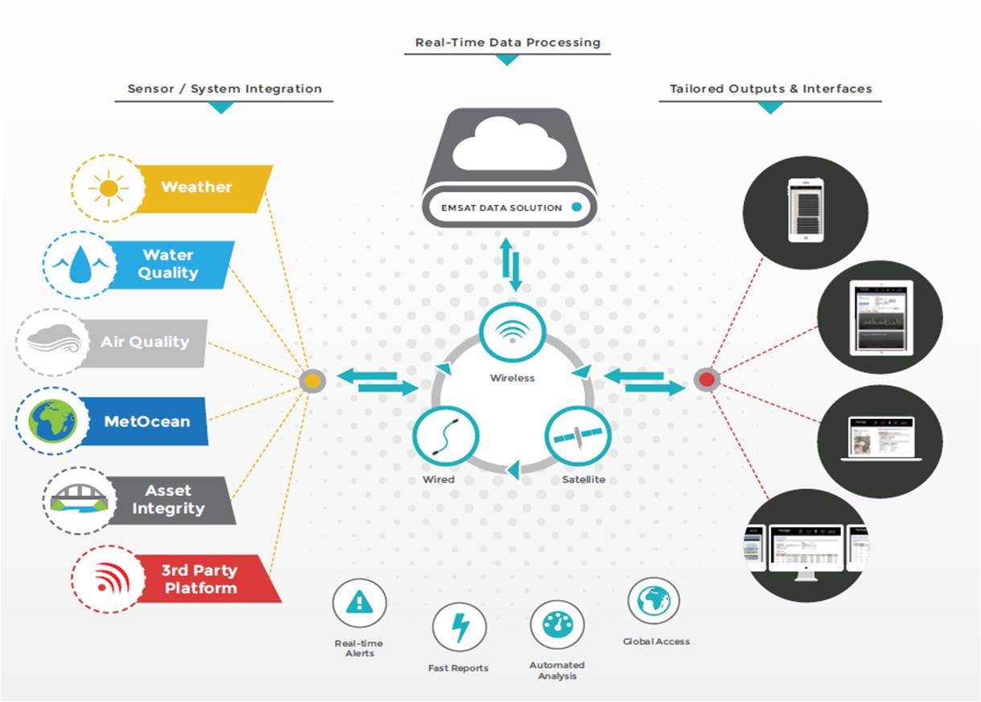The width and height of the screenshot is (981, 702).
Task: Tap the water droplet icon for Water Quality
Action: [80, 265]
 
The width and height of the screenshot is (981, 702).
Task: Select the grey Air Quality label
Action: [145, 343]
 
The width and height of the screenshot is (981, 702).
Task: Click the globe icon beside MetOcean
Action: [52, 421]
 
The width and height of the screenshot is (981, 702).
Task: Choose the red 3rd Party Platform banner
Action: [201, 579]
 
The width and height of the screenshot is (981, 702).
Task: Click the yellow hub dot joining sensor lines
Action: [312, 380]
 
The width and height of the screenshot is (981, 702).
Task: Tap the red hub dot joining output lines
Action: [707, 380]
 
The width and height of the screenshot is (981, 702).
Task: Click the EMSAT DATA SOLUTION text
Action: [501, 207]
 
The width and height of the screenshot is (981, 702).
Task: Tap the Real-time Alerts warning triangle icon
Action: [359, 602]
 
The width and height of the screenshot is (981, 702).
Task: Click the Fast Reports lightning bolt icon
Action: [459, 628]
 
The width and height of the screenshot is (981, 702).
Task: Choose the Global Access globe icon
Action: [653, 601]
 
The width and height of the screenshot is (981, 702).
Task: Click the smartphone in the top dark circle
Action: [806, 211]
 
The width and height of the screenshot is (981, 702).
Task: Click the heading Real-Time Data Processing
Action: [507, 43]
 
